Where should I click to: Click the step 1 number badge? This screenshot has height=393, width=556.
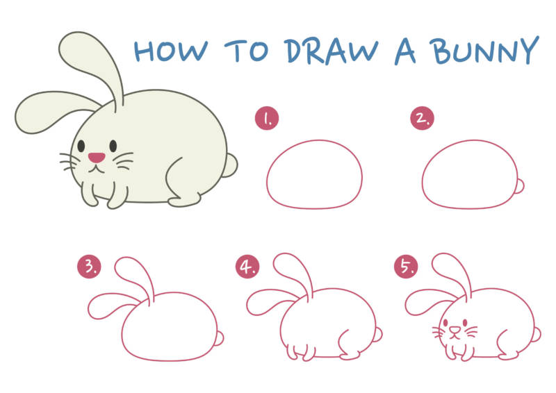point(267,118)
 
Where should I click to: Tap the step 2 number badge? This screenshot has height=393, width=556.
point(422,118)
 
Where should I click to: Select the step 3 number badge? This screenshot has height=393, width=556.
point(89,267)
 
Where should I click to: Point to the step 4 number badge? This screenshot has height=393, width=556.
point(247,267)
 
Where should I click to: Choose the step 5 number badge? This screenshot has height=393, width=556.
point(406,267)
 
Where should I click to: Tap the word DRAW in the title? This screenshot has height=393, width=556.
point(332,51)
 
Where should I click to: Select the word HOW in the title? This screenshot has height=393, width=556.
point(170,51)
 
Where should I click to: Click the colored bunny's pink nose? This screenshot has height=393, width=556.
point(97,158)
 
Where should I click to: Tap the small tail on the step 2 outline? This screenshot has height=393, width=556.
point(519,186)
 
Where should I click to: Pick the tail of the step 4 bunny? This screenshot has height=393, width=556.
point(378,335)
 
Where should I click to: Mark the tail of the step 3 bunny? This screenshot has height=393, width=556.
point(219,338)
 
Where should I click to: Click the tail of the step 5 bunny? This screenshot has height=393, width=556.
point(536,335)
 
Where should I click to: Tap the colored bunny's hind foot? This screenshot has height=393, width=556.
point(184,201)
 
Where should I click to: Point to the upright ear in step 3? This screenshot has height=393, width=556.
point(135,278)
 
